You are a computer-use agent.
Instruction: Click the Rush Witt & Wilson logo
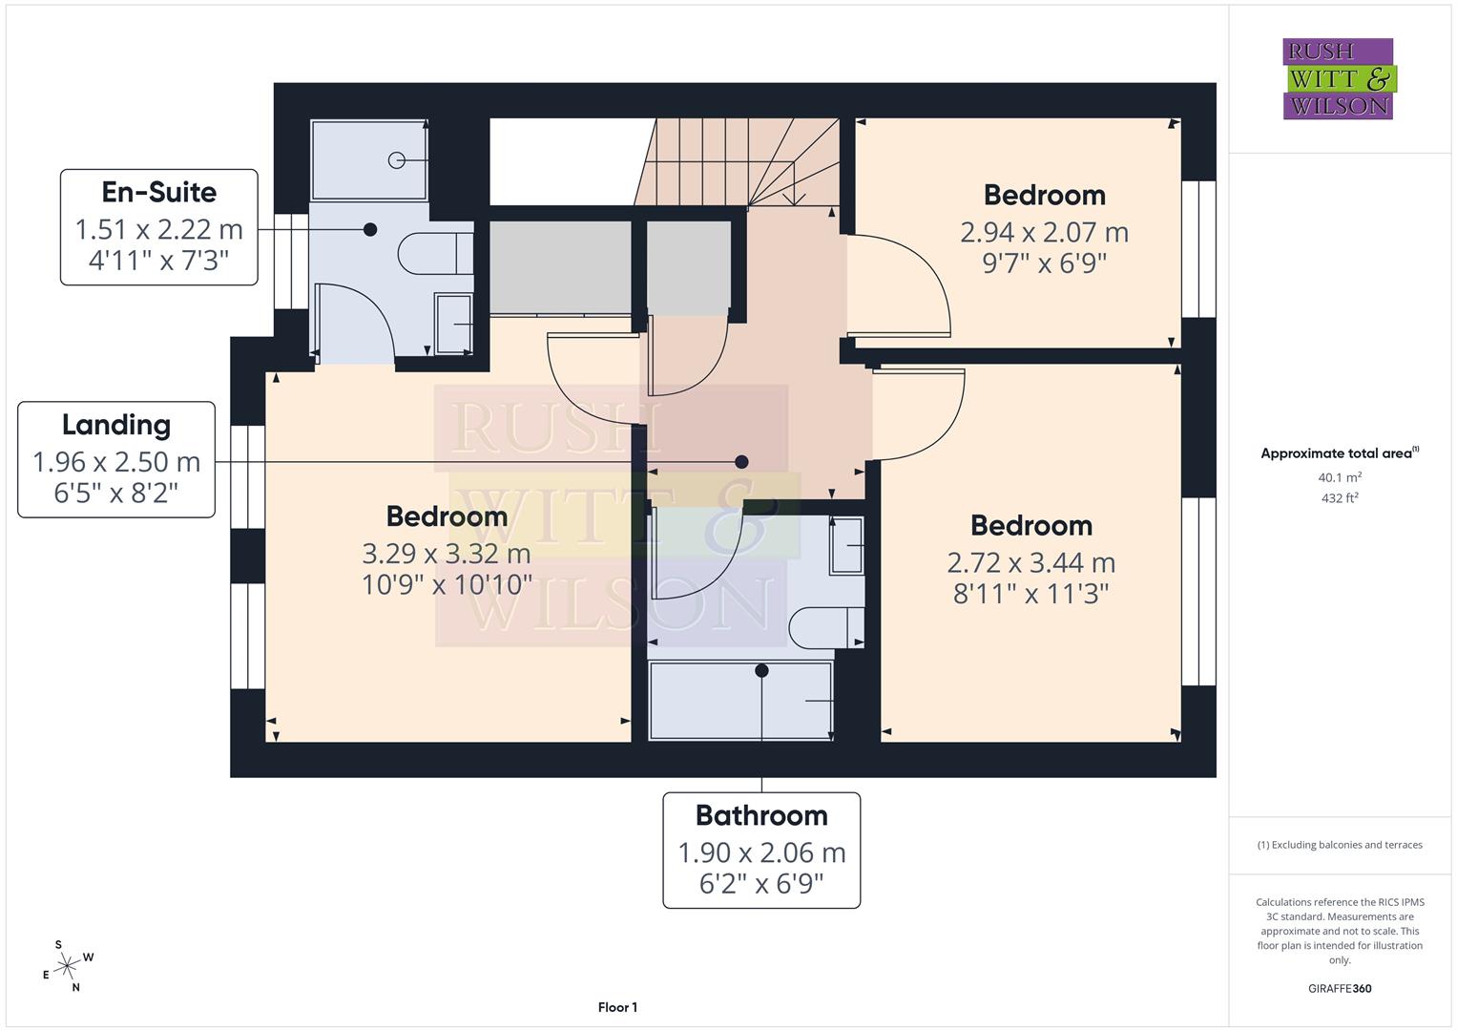tap(1338, 78)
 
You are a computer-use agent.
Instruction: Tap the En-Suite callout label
tap(159, 192)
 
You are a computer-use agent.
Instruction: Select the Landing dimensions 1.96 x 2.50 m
tap(116, 462)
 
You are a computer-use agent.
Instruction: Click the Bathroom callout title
tap(761, 815)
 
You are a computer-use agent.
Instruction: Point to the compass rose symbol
tap(67, 966)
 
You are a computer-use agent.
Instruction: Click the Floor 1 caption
tap(617, 1007)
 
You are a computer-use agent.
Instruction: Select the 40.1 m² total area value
tap(1339, 477)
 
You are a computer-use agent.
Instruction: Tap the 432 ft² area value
tap(1339, 497)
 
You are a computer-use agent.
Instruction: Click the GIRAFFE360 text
tap(1339, 988)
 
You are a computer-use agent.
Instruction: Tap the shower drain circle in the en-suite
tap(397, 160)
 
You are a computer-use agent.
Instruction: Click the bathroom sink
tap(845, 545)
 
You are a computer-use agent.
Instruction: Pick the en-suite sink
tap(453, 324)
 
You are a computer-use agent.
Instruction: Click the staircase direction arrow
tap(790, 196)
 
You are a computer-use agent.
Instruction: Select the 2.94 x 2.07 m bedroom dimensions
tap(1044, 232)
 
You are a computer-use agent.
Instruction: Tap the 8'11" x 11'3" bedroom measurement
tap(1030, 594)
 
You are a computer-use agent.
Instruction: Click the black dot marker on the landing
tap(741, 462)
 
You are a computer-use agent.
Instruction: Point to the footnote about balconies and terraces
tap(1339, 845)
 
